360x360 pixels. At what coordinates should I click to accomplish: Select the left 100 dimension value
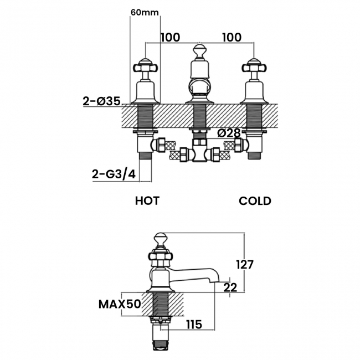171,37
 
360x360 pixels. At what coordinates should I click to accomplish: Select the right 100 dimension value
232,37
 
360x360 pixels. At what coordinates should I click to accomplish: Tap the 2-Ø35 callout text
102,101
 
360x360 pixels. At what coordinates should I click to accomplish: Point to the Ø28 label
229,133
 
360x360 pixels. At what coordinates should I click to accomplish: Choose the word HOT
147,200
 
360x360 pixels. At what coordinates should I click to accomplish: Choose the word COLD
255,200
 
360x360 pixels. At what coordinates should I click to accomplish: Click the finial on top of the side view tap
161,239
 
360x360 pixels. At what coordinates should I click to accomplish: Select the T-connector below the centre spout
199,152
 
